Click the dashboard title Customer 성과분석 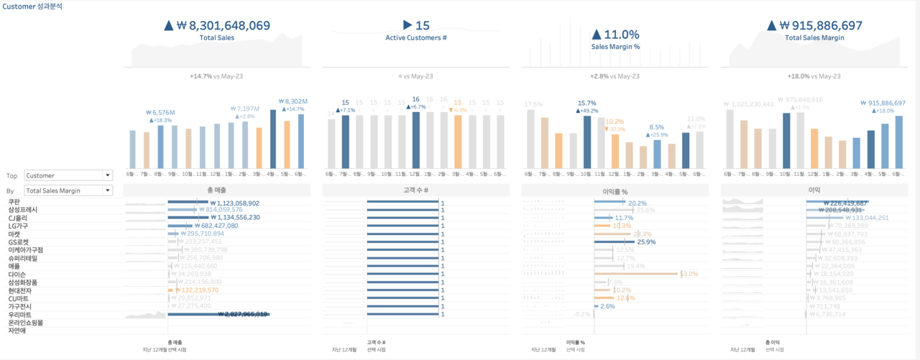32,6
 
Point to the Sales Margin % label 615,46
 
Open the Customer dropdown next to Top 68,175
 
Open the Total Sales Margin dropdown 68,190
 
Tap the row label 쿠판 14,203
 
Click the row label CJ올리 18,218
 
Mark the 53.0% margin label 689,274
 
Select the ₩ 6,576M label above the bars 160,113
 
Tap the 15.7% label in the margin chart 586,103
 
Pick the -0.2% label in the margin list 581,314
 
